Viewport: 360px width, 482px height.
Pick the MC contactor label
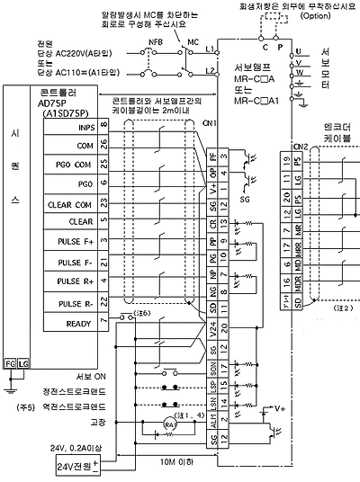(192, 41)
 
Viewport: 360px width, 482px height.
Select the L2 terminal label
(211, 70)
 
